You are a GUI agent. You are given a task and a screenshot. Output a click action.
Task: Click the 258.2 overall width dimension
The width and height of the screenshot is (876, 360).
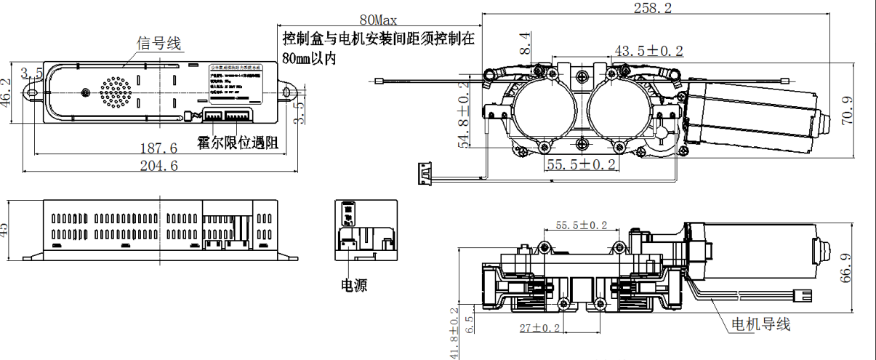[653, 8]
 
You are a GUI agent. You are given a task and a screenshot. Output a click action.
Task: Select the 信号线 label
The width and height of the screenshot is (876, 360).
[160, 44]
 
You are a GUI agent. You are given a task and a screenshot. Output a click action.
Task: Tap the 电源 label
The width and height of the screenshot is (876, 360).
[354, 285]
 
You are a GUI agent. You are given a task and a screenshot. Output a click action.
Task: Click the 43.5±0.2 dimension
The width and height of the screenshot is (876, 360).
[649, 51]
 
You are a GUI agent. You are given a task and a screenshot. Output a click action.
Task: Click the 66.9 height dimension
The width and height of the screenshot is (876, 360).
[848, 271]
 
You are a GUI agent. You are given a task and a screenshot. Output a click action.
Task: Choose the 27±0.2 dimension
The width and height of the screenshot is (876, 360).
[540, 328]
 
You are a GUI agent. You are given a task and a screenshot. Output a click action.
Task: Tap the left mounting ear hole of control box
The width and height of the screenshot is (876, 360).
[32, 92]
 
